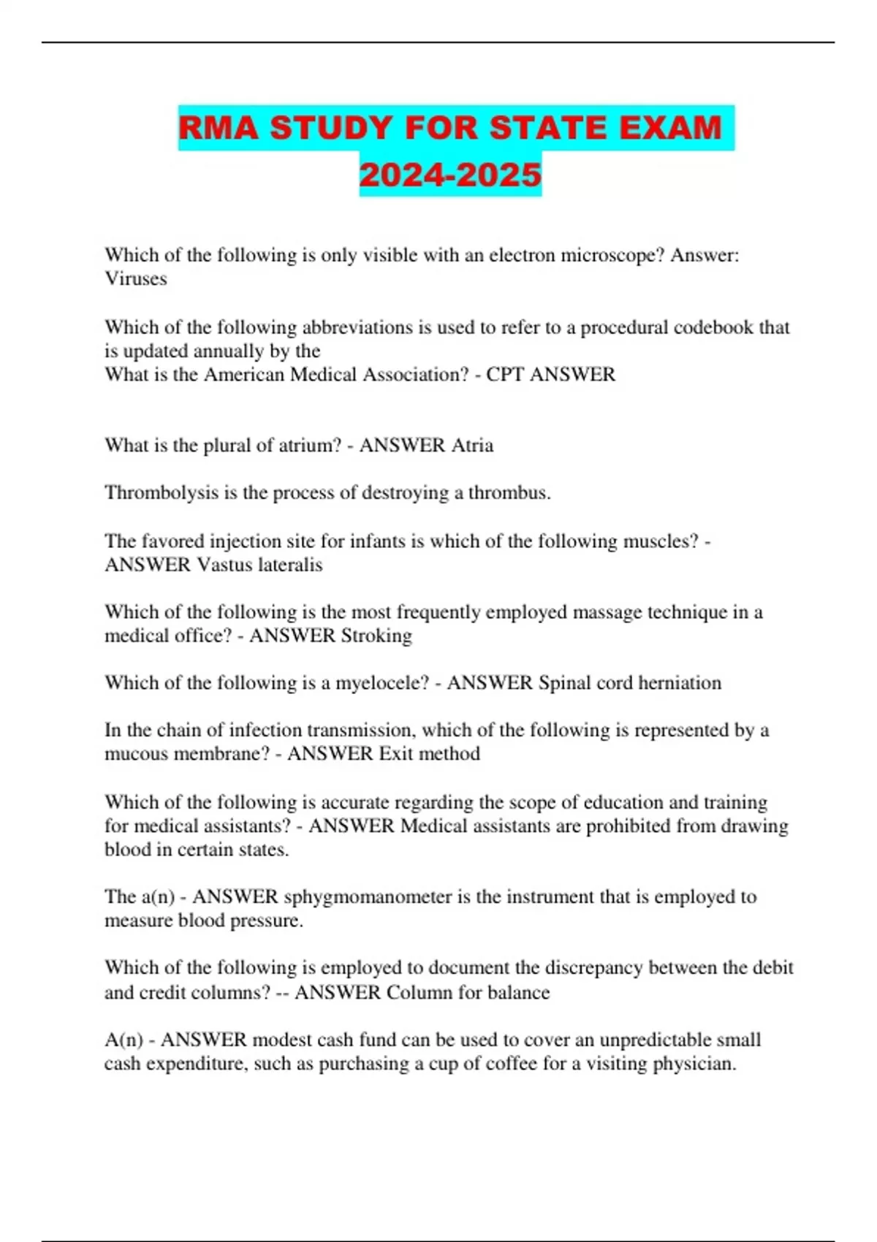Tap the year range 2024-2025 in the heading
[450, 175]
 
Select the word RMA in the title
[219, 128]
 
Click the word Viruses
[136, 278]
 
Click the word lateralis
[287, 565]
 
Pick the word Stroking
[371, 636]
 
